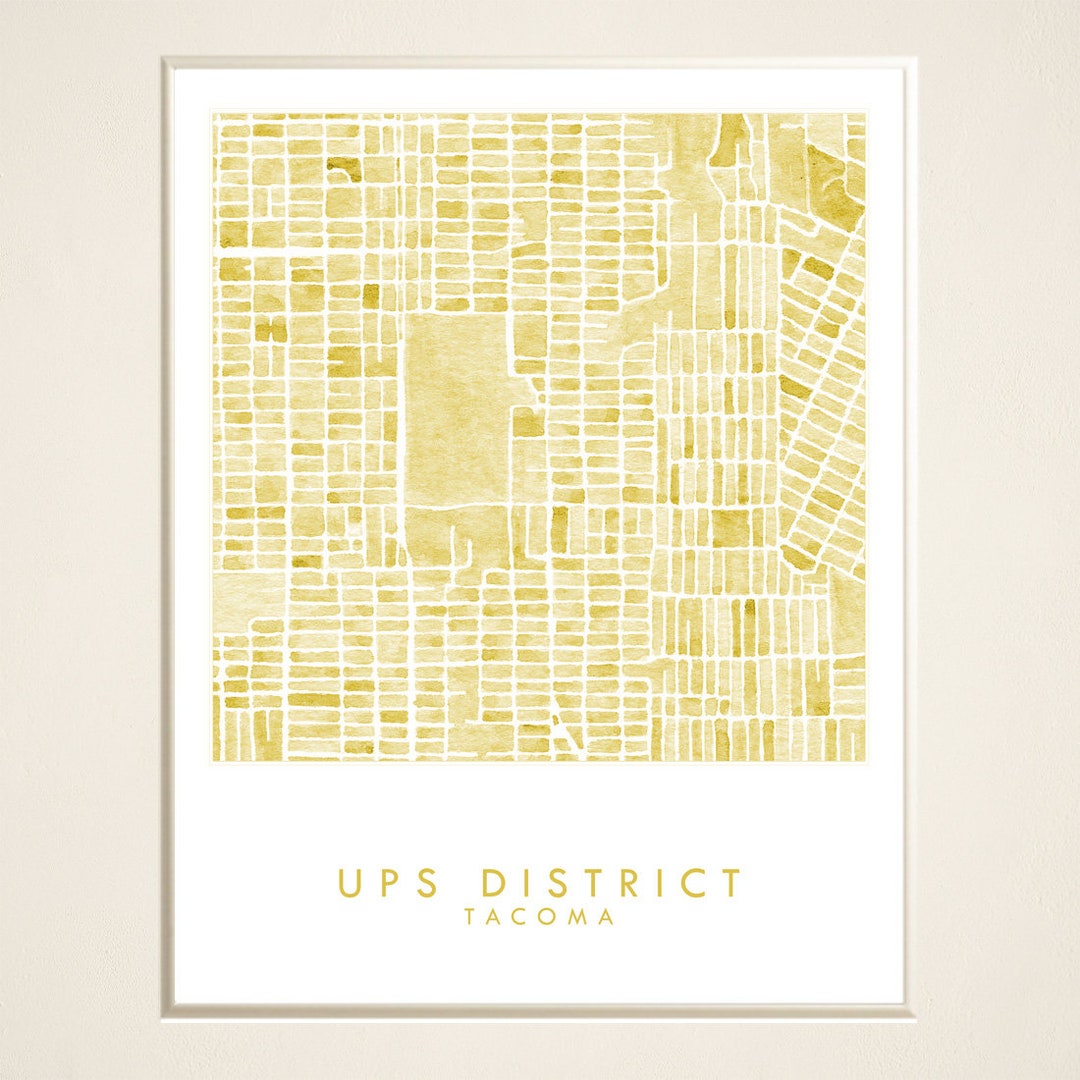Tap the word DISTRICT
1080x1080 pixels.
click(x=612, y=884)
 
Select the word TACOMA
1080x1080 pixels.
click(x=539, y=918)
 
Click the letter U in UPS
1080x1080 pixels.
click(x=348, y=884)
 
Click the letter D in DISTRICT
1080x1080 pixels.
click(x=493, y=884)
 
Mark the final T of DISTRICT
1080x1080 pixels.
click(x=732, y=884)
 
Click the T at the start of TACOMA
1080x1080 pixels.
click(x=470, y=918)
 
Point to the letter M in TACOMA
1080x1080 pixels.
click(x=579, y=918)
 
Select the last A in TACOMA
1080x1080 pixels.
click(x=606, y=918)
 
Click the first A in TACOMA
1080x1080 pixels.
click(x=495, y=918)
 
